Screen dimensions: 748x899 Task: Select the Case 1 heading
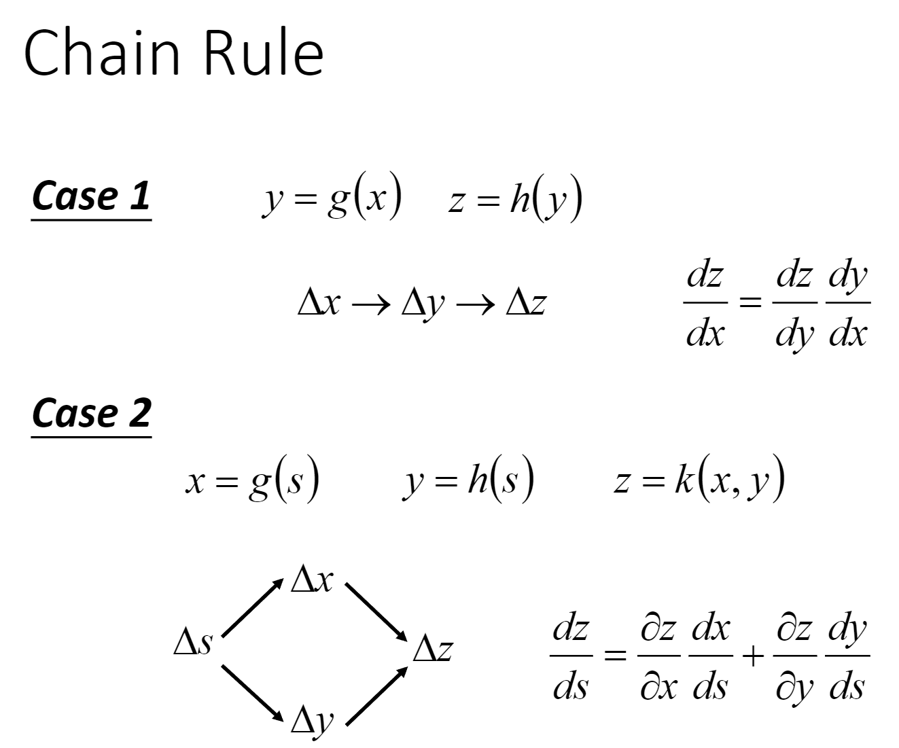(x=91, y=196)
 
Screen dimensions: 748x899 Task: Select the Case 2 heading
(x=91, y=414)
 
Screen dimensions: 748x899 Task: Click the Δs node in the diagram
(x=193, y=641)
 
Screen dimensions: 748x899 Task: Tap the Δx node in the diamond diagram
(x=312, y=580)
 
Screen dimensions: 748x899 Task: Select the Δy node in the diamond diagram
(x=312, y=720)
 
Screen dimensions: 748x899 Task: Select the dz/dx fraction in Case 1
(x=705, y=304)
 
